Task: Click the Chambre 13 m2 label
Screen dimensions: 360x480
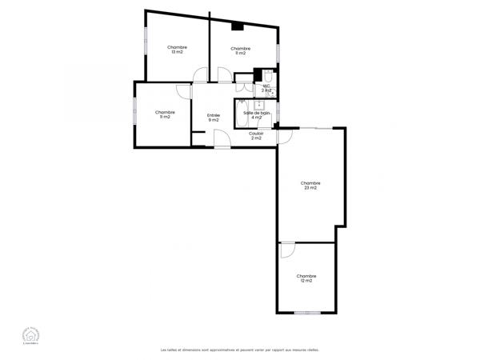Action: [x=178, y=50]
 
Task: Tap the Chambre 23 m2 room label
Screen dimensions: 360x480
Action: [x=310, y=186]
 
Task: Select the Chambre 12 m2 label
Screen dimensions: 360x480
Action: [x=306, y=278]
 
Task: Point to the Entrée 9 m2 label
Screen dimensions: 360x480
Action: [x=214, y=118]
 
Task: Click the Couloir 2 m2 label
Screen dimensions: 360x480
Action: [x=256, y=136]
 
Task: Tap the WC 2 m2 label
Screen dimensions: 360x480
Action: [x=267, y=88]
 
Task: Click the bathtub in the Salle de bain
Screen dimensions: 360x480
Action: [x=242, y=114]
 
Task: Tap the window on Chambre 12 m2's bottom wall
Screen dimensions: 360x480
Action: [x=307, y=313]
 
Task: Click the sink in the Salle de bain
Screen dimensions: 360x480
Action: [x=259, y=105]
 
